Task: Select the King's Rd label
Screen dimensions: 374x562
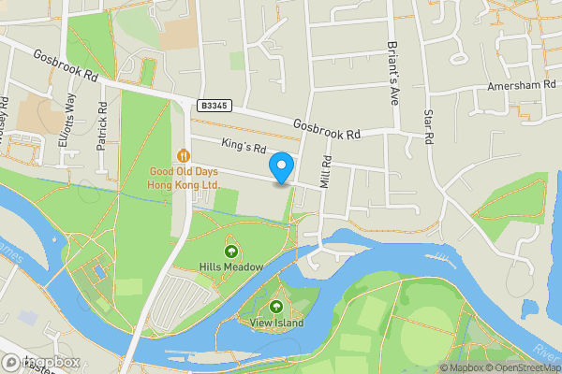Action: click(244, 147)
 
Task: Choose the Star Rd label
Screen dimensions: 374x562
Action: click(429, 125)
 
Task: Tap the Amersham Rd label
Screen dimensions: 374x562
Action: click(516, 86)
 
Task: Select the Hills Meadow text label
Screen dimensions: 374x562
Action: click(230, 266)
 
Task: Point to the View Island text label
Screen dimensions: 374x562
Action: click(276, 323)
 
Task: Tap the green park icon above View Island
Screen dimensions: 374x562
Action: click(276, 307)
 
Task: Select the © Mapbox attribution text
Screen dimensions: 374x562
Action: click(460, 367)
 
